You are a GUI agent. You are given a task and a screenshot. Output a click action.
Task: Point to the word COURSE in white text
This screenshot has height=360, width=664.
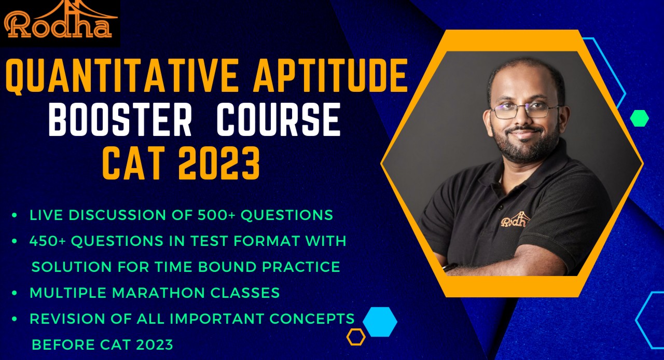coord(278,121)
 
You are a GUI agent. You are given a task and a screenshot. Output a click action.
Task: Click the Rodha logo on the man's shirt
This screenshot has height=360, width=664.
coord(515,220)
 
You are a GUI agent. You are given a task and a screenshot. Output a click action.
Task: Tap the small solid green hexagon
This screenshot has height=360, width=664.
coord(639,118)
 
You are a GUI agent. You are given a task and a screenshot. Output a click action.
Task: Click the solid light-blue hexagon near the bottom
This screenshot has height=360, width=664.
coord(380,322)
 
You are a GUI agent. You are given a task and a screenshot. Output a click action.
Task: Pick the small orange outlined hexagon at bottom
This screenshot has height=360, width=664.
coord(356,337)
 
